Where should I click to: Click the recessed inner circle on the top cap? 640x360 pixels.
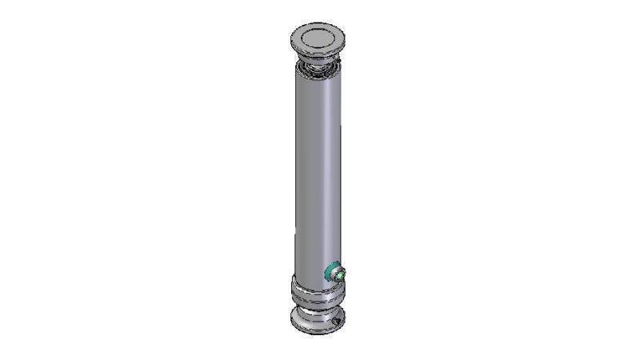pyautogui.click(x=318, y=37)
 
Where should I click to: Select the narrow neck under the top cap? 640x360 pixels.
pyautogui.click(x=318, y=58)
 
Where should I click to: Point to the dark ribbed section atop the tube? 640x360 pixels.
pyautogui.click(x=318, y=69)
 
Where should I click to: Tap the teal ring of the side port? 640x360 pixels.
pyautogui.click(x=330, y=274)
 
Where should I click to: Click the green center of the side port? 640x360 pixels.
pyautogui.click(x=342, y=275)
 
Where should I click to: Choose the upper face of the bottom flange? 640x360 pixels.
pyautogui.click(x=299, y=316)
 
